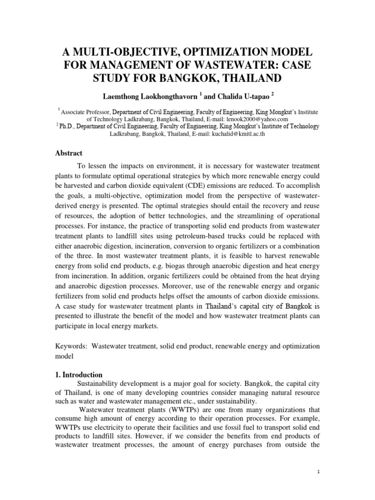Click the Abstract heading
[x=68, y=153]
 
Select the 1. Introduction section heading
[x=78, y=375]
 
